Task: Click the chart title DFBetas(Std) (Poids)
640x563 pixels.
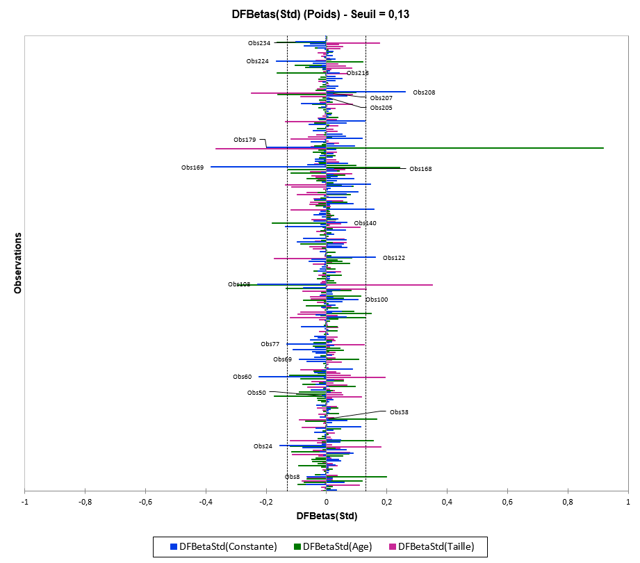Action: coord(320,13)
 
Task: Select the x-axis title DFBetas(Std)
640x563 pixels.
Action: coord(327,516)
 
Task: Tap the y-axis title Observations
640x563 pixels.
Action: coord(18,263)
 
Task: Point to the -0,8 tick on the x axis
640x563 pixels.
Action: coord(85,501)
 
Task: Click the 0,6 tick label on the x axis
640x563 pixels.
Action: coord(507,501)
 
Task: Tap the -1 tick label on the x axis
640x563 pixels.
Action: coord(25,501)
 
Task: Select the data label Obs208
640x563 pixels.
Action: coord(424,92)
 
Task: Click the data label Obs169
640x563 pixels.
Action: coord(192,168)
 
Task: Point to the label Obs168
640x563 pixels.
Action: coord(420,169)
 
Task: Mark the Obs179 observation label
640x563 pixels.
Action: coord(245,140)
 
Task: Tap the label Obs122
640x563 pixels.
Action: coord(394,258)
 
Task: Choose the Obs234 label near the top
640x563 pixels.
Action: coord(259,43)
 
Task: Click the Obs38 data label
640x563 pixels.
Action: coord(399,412)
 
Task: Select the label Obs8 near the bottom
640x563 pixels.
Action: coord(292,477)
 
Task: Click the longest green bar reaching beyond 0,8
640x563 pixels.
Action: coord(486,148)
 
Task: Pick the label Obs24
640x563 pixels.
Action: coord(263,446)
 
